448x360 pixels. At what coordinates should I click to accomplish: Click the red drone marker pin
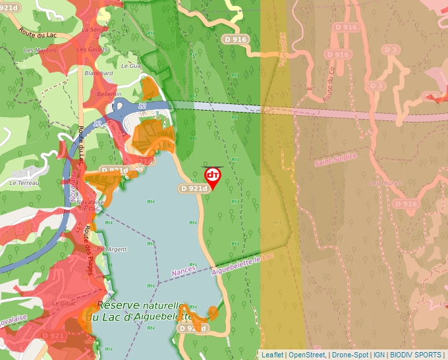pyautogui.click(x=212, y=176)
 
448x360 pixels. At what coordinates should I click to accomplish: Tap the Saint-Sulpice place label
pyautogui.click(x=335, y=159)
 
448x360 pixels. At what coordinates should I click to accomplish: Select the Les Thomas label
pyautogui.click(x=385, y=183)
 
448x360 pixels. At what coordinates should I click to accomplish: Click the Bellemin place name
pyautogui.click(x=90, y=94)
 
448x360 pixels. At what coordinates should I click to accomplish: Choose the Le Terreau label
pyautogui.click(x=25, y=182)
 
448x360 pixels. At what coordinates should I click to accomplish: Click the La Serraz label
pyautogui.click(x=94, y=30)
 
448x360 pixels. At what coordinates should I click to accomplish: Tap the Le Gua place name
pyautogui.click(x=131, y=66)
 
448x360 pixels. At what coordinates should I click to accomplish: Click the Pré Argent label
pyautogui.click(x=111, y=249)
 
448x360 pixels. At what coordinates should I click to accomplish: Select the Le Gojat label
pyautogui.click(x=64, y=303)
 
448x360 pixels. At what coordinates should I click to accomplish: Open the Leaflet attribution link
pyautogui.click(x=272, y=355)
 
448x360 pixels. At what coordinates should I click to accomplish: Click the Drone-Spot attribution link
pyautogui.click(x=350, y=355)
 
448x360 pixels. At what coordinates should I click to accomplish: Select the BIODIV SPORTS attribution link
pyautogui.click(x=416, y=355)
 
